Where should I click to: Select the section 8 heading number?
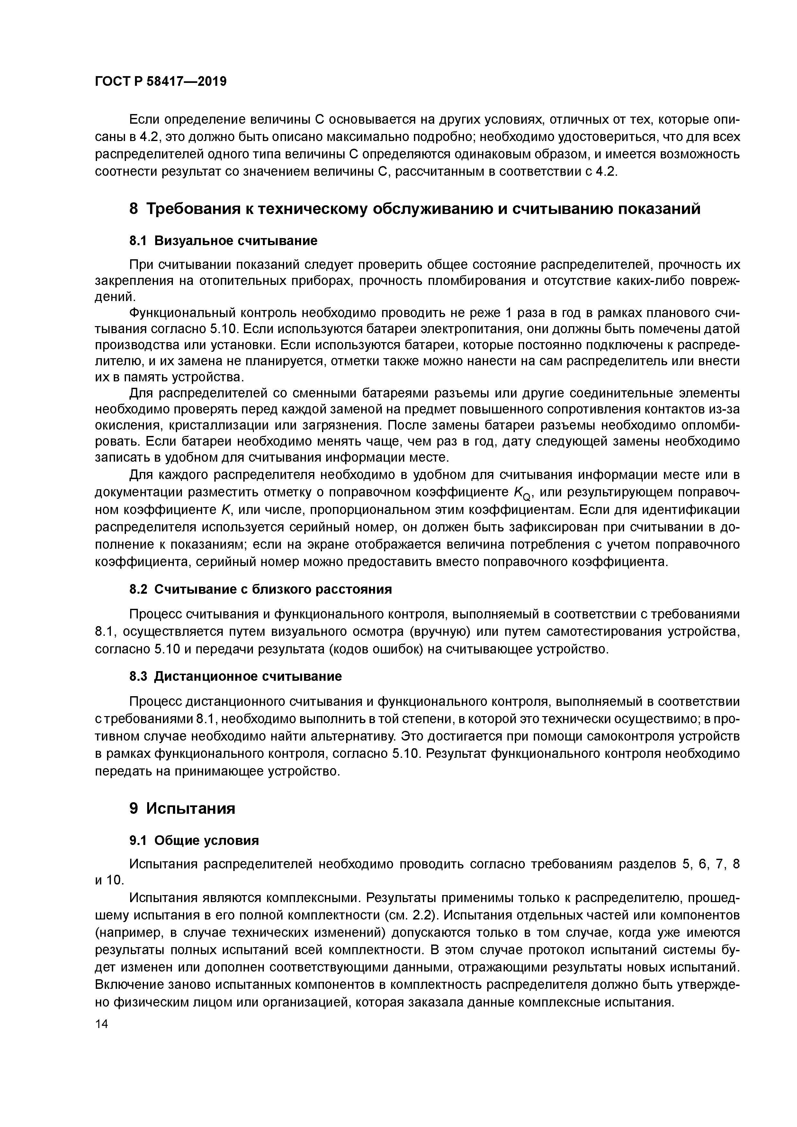point(134,209)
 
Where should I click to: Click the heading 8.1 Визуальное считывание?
point(223,241)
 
